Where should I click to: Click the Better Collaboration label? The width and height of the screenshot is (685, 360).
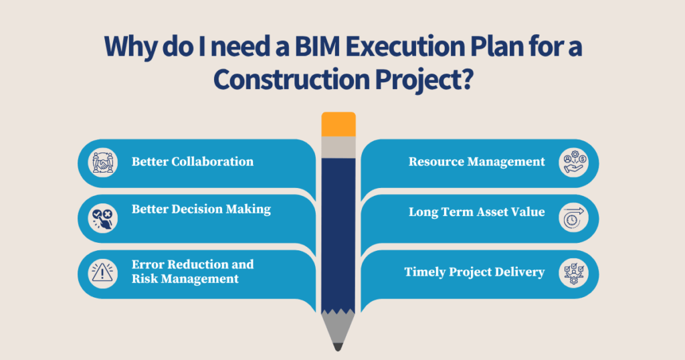(192, 161)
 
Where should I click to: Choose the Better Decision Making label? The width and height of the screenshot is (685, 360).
(201, 209)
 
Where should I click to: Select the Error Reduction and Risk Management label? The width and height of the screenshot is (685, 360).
(192, 271)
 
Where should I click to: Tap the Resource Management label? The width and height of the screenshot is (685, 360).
(477, 161)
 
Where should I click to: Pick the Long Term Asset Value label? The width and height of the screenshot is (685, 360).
(477, 212)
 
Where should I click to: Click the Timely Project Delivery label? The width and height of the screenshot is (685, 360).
(474, 272)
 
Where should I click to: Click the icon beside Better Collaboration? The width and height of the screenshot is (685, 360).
(103, 161)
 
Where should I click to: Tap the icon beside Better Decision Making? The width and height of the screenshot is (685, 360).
(103, 217)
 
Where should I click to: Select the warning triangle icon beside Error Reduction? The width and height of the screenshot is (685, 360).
(103, 272)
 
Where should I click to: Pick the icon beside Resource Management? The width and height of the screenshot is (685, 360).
(573, 161)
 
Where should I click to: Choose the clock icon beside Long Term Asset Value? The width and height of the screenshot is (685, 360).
(573, 217)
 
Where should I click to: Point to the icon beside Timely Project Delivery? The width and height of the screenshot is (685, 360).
(573, 272)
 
